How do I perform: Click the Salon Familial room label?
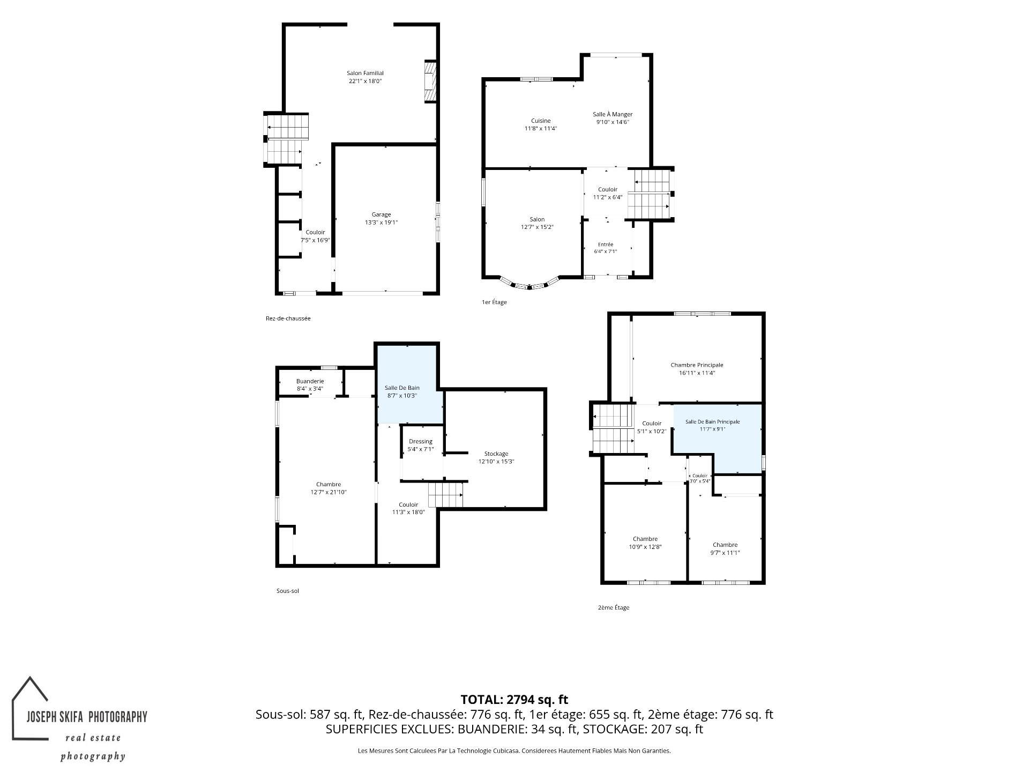[365, 73]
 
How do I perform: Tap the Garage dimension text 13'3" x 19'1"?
[381, 222]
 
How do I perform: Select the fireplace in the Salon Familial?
[430, 81]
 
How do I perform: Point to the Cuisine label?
[541, 121]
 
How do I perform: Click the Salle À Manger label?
[613, 114]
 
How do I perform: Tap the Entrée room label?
[606, 244]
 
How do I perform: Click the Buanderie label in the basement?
[310, 381]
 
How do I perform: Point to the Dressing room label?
[420, 442]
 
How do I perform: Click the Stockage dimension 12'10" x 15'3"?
[496, 462]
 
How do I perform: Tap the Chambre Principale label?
[697, 365]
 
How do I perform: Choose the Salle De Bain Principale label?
[712, 422]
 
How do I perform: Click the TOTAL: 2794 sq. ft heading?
[514, 700]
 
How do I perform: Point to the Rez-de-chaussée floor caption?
[288, 318]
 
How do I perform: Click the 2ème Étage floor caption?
[613, 607]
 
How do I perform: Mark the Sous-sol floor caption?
[287, 591]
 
